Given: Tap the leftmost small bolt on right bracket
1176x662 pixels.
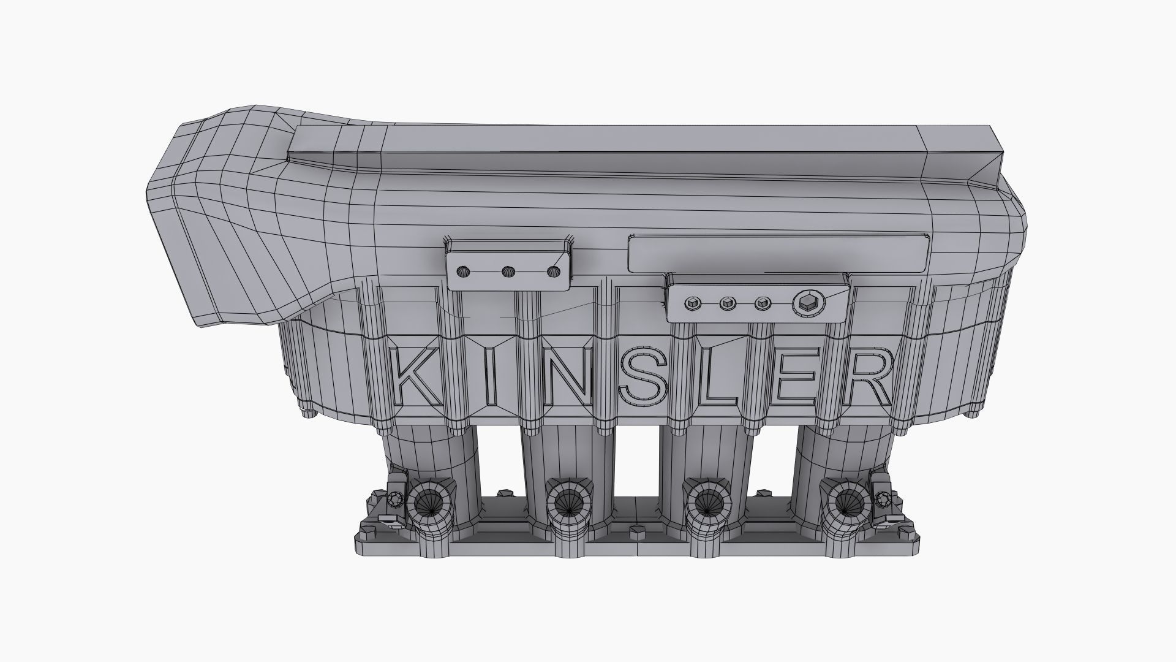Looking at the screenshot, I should coord(693,303).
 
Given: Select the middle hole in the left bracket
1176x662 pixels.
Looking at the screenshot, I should coord(508,272).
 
